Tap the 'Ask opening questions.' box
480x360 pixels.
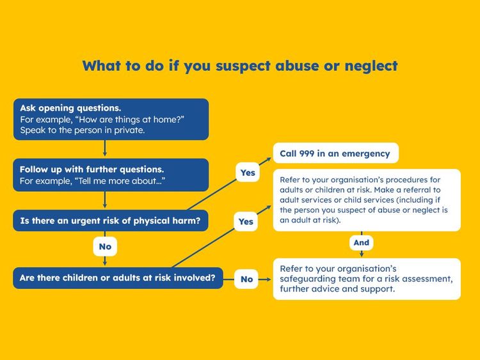click(111, 119)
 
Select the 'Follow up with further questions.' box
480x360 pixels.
click(111, 175)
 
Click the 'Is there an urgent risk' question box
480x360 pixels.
click(111, 221)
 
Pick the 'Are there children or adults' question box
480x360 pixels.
click(118, 278)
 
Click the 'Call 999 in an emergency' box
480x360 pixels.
click(335, 153)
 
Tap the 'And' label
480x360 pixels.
click(362, 243)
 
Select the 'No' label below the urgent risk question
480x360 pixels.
click(105, 246)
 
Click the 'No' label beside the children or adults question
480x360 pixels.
click(247, 279)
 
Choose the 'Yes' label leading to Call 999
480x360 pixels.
click(247, 173)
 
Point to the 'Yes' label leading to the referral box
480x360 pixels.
click(246, 221)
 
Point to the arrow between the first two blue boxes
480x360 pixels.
click(105, 148)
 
